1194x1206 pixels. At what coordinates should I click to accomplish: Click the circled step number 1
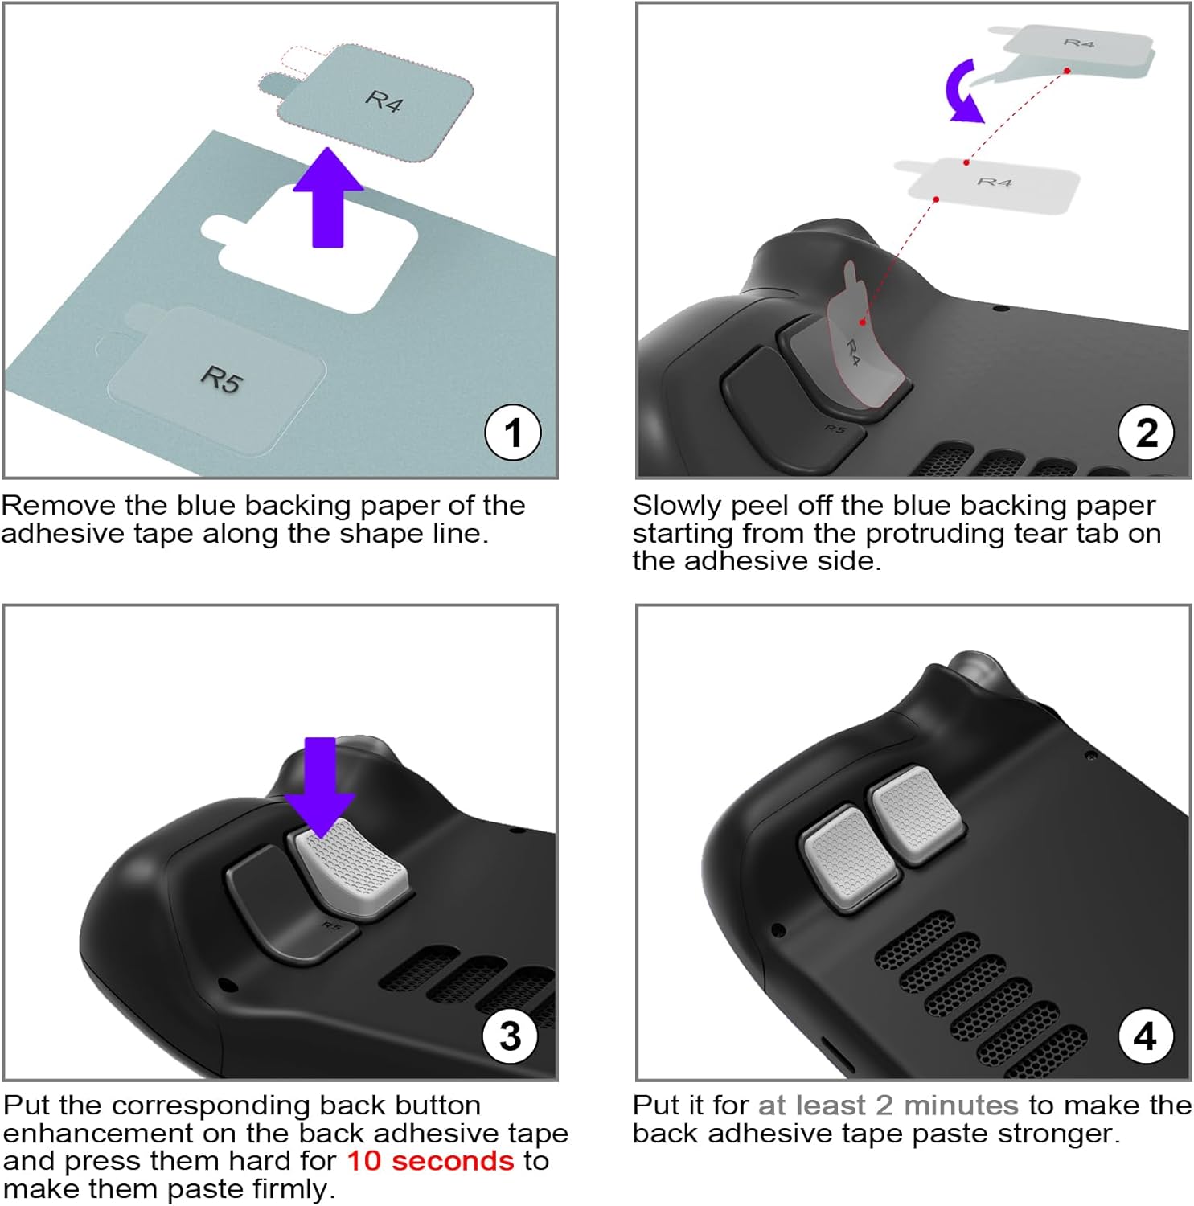click(x=513, y=433)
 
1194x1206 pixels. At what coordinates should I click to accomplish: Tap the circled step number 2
click(x=1147, y=433)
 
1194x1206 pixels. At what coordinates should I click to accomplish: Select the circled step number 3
click(x=511, y=1036)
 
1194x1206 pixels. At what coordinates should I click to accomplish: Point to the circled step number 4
click(x=1146, y=1036)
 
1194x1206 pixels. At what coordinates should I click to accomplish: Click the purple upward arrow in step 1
click(x=328, y=198)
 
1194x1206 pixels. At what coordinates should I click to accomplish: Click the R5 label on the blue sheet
click(x=220, y=379)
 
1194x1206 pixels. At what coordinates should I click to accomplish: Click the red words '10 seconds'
click(x=430, y=1160)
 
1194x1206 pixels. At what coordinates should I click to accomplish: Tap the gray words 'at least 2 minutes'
click(x=888, y=1105)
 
